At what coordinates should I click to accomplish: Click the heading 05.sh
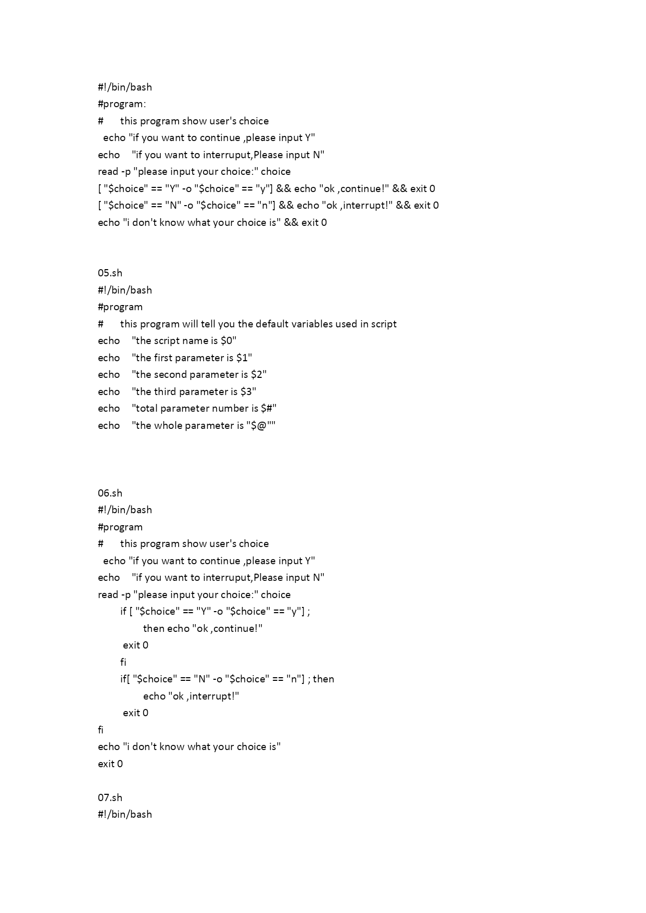pyautogui.click(x=110, y=273)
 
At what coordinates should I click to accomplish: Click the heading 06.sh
pyautogui.click(x=110, y=493)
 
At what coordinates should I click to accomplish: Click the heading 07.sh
pyautogui.click(x=110, y=798)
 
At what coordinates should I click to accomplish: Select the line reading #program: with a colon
pyautogui.click(x=122, y=104)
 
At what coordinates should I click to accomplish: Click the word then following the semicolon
pyautogui.click(x=323, y=679)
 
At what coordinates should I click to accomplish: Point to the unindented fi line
pyautogui.click(x=100, y=730)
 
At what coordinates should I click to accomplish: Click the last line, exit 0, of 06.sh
pyautogui.click(x=110, y=764)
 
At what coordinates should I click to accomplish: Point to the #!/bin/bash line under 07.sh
pyautogui.click(x=125, y=815)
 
